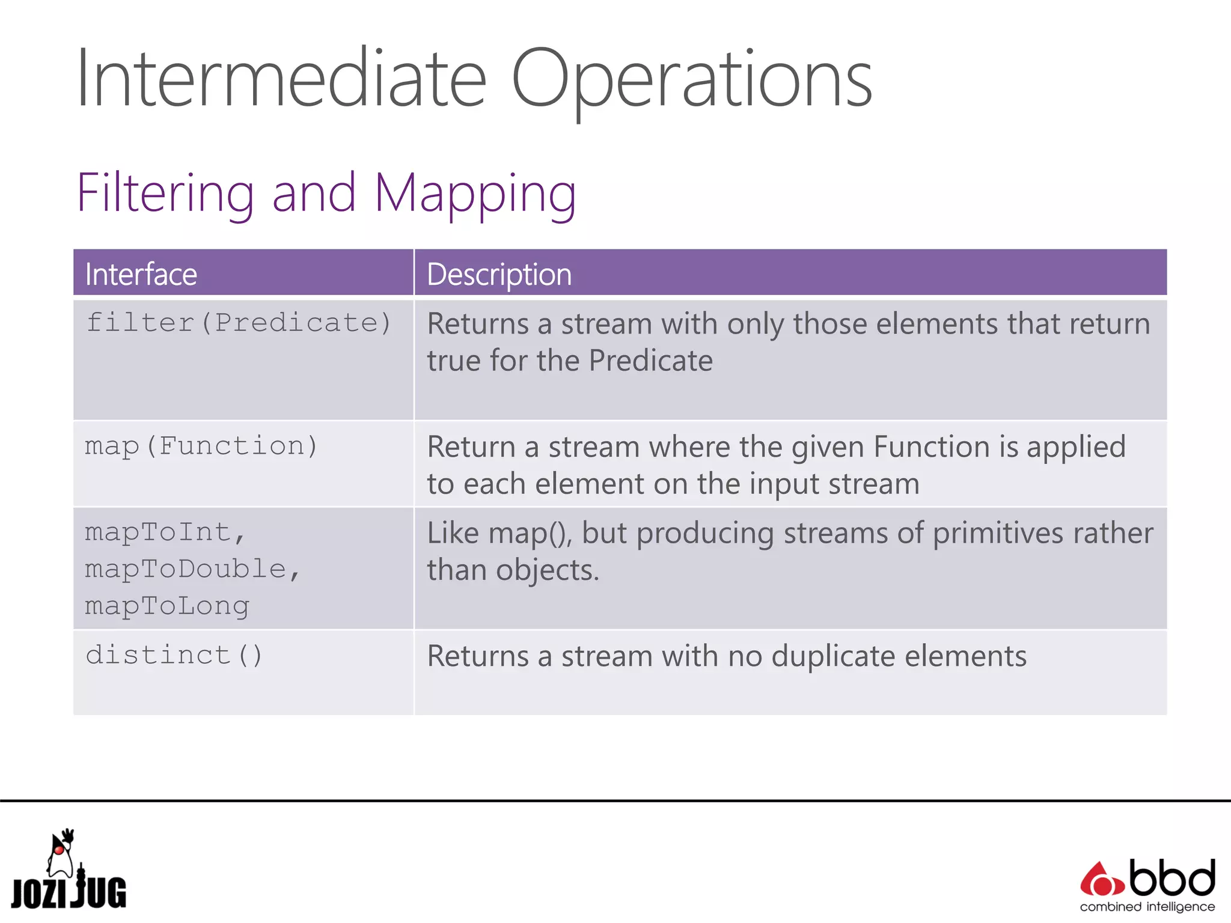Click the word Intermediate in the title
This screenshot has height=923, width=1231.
[x=281, y=79]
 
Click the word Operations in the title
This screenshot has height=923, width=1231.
[x=691, y=79]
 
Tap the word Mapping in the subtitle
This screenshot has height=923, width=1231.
[x=475, y=193]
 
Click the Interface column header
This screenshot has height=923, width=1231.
[x=141, y=275]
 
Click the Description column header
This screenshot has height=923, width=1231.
[x=499, y=275]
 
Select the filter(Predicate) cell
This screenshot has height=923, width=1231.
[x=239, y=323]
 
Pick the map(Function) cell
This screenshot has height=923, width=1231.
[x=201, y=446]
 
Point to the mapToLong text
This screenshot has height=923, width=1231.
[x=167, y=606]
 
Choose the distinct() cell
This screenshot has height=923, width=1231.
[x=174, y=655]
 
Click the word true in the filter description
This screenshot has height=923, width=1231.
[x=453, y=361]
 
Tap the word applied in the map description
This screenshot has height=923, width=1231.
[x=1076, y=447]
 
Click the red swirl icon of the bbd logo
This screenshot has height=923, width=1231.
[x=1101, y=881]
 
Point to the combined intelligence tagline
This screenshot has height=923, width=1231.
[x=1147, y=907]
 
